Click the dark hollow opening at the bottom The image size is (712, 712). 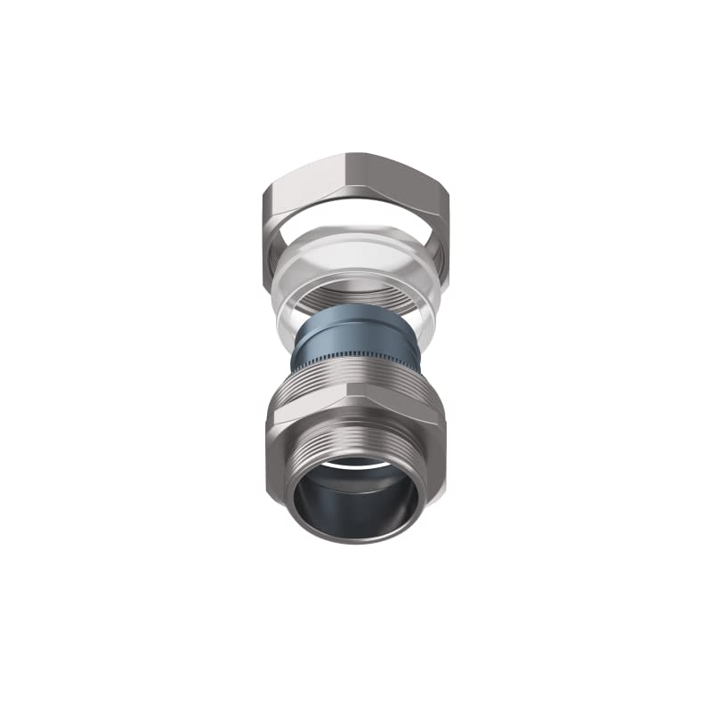click(x=356, y=503)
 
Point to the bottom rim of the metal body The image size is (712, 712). click(x=356, y=539)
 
